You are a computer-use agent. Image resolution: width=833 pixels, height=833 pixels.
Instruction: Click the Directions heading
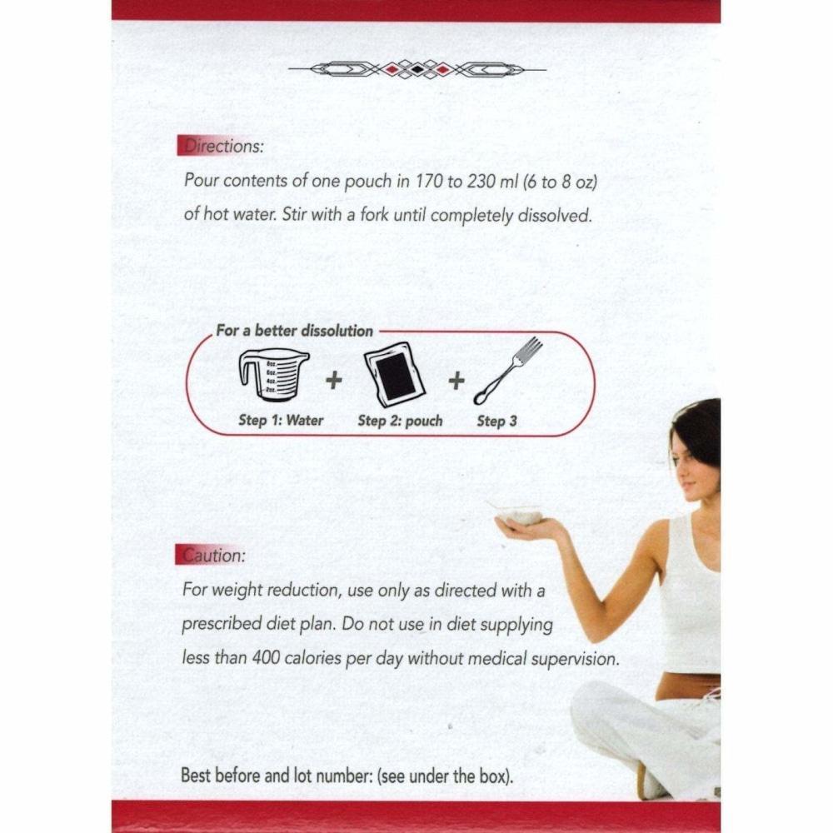tap(221, 146)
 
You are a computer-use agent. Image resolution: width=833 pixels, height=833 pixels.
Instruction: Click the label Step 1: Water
tap(281, 421)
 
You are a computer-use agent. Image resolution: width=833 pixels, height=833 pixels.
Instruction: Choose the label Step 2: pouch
tap(400, 421)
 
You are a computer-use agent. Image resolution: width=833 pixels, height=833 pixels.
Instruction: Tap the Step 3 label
tap(496, 421)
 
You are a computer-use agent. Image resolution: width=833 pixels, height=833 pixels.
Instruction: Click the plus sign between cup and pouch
tap(333, 381)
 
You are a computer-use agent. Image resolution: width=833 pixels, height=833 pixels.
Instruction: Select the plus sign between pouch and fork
tap(456, 381)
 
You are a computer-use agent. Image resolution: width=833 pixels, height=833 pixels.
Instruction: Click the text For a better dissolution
tap(294, 331)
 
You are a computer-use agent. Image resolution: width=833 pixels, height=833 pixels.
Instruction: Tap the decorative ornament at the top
tap(416, 68)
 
